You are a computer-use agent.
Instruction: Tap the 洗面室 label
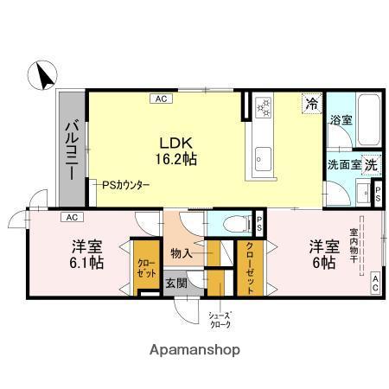coord(343,164)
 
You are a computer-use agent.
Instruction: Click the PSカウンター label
coord(126,186)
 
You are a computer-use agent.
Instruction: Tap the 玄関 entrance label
coord(176,283)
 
